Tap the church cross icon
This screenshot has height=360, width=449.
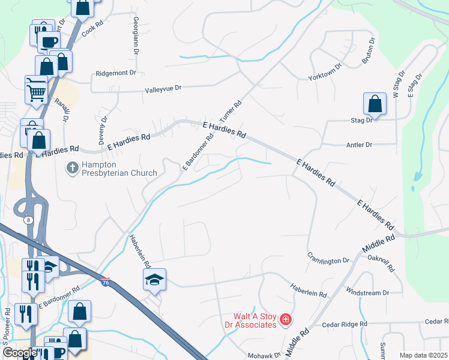point(72,168)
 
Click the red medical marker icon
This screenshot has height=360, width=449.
point(286,320)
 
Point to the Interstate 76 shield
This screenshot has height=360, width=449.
point(105,283)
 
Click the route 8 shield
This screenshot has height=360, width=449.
point(29,220)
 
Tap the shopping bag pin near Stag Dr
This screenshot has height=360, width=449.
point(375,104)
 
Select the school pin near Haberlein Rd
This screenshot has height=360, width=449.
point(154,280)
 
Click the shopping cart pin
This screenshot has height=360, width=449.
point(36,92)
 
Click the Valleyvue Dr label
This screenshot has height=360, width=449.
point(163,88)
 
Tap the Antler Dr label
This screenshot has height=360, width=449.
point(360,145)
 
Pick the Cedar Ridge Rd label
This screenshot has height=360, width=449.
point(345,324)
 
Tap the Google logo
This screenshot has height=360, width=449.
point(20,353)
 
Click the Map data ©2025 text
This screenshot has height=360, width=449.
point(423,355)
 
